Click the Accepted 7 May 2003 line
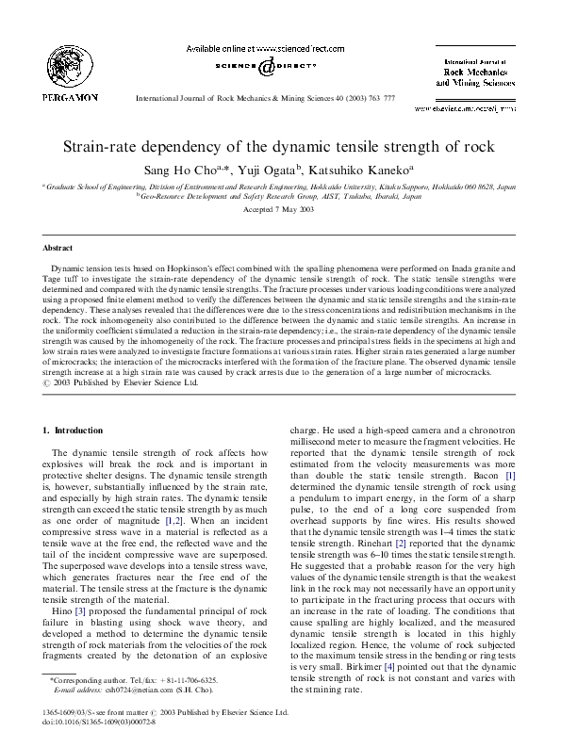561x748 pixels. click(280, 208)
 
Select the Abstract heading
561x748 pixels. click(58, 249)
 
